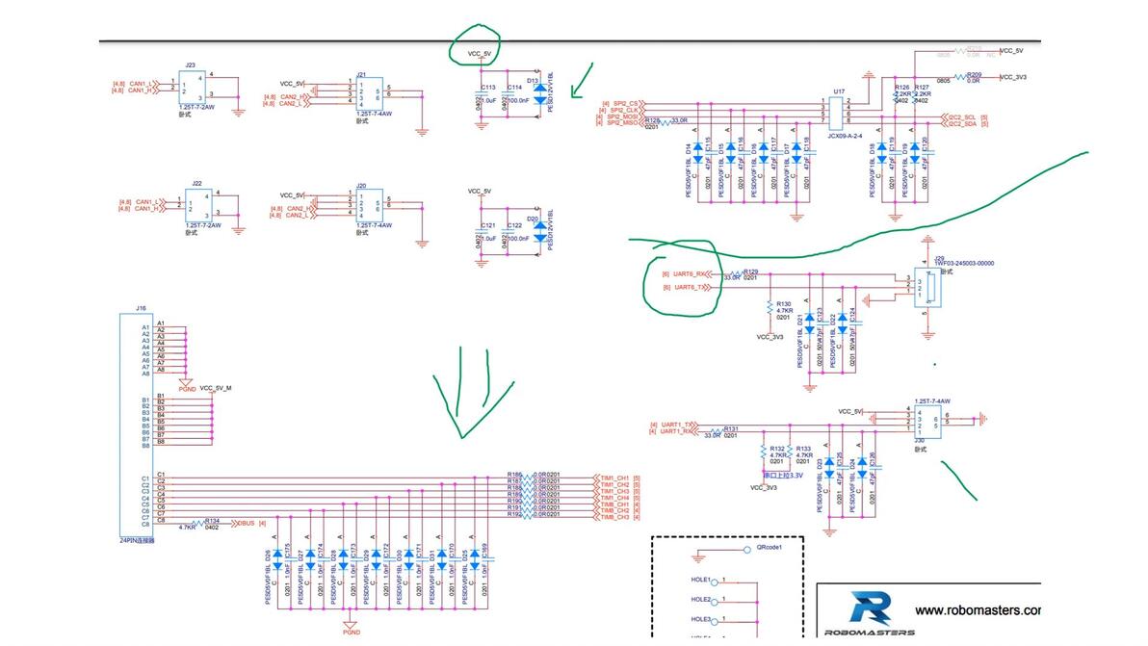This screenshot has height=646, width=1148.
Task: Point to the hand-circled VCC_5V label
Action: click(480, 53)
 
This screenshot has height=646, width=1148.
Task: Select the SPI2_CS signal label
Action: click(622, 103)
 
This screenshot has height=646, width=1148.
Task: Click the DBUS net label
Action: click(247, 523)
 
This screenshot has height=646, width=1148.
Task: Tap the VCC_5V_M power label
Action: click(216, 388)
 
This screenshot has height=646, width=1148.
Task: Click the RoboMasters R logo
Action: click(871, 609)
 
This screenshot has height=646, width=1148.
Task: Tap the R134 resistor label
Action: click(213, 520)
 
